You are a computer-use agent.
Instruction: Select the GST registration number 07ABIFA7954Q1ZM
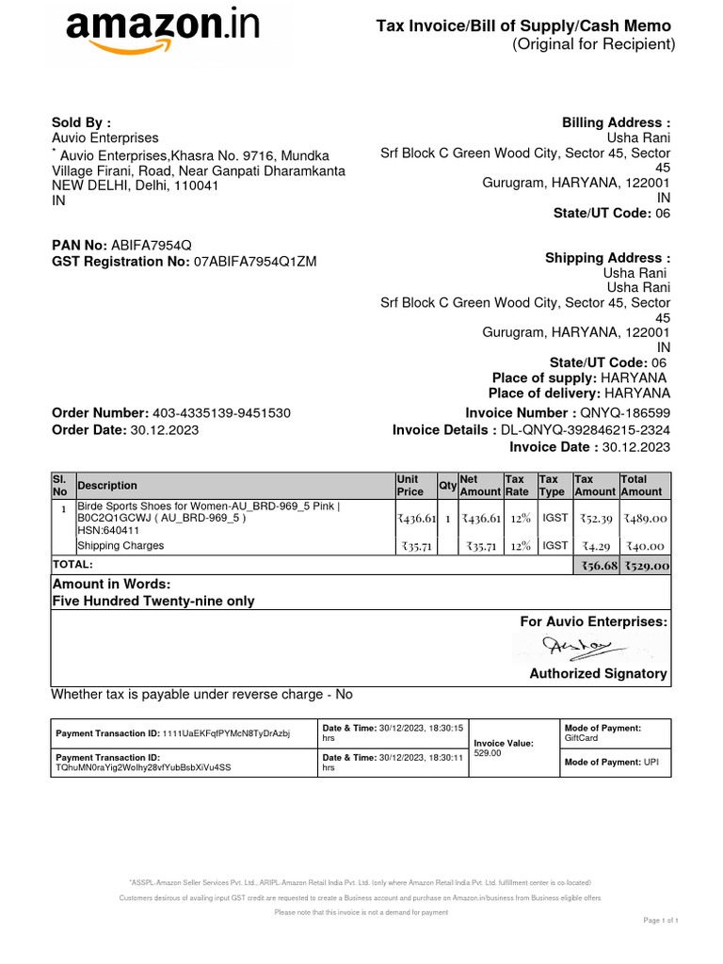coord(255,262)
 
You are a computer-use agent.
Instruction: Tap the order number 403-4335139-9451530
coord(221,413)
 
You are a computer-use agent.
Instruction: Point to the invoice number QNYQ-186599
coord(625,413)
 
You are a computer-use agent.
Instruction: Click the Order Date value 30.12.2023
coord(165,430)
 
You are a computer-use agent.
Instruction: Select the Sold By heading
coord(81,122)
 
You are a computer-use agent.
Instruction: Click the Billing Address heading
coord(616,122)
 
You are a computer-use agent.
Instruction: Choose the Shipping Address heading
coord(607,258)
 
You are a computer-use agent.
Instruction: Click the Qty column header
coord(447,486)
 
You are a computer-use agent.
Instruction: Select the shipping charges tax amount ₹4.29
coord(596,546)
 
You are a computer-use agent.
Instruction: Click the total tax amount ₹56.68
coord(596,566)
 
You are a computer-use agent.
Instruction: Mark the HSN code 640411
coord(109,531)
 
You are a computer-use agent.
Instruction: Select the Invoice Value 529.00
coord(489,754)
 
